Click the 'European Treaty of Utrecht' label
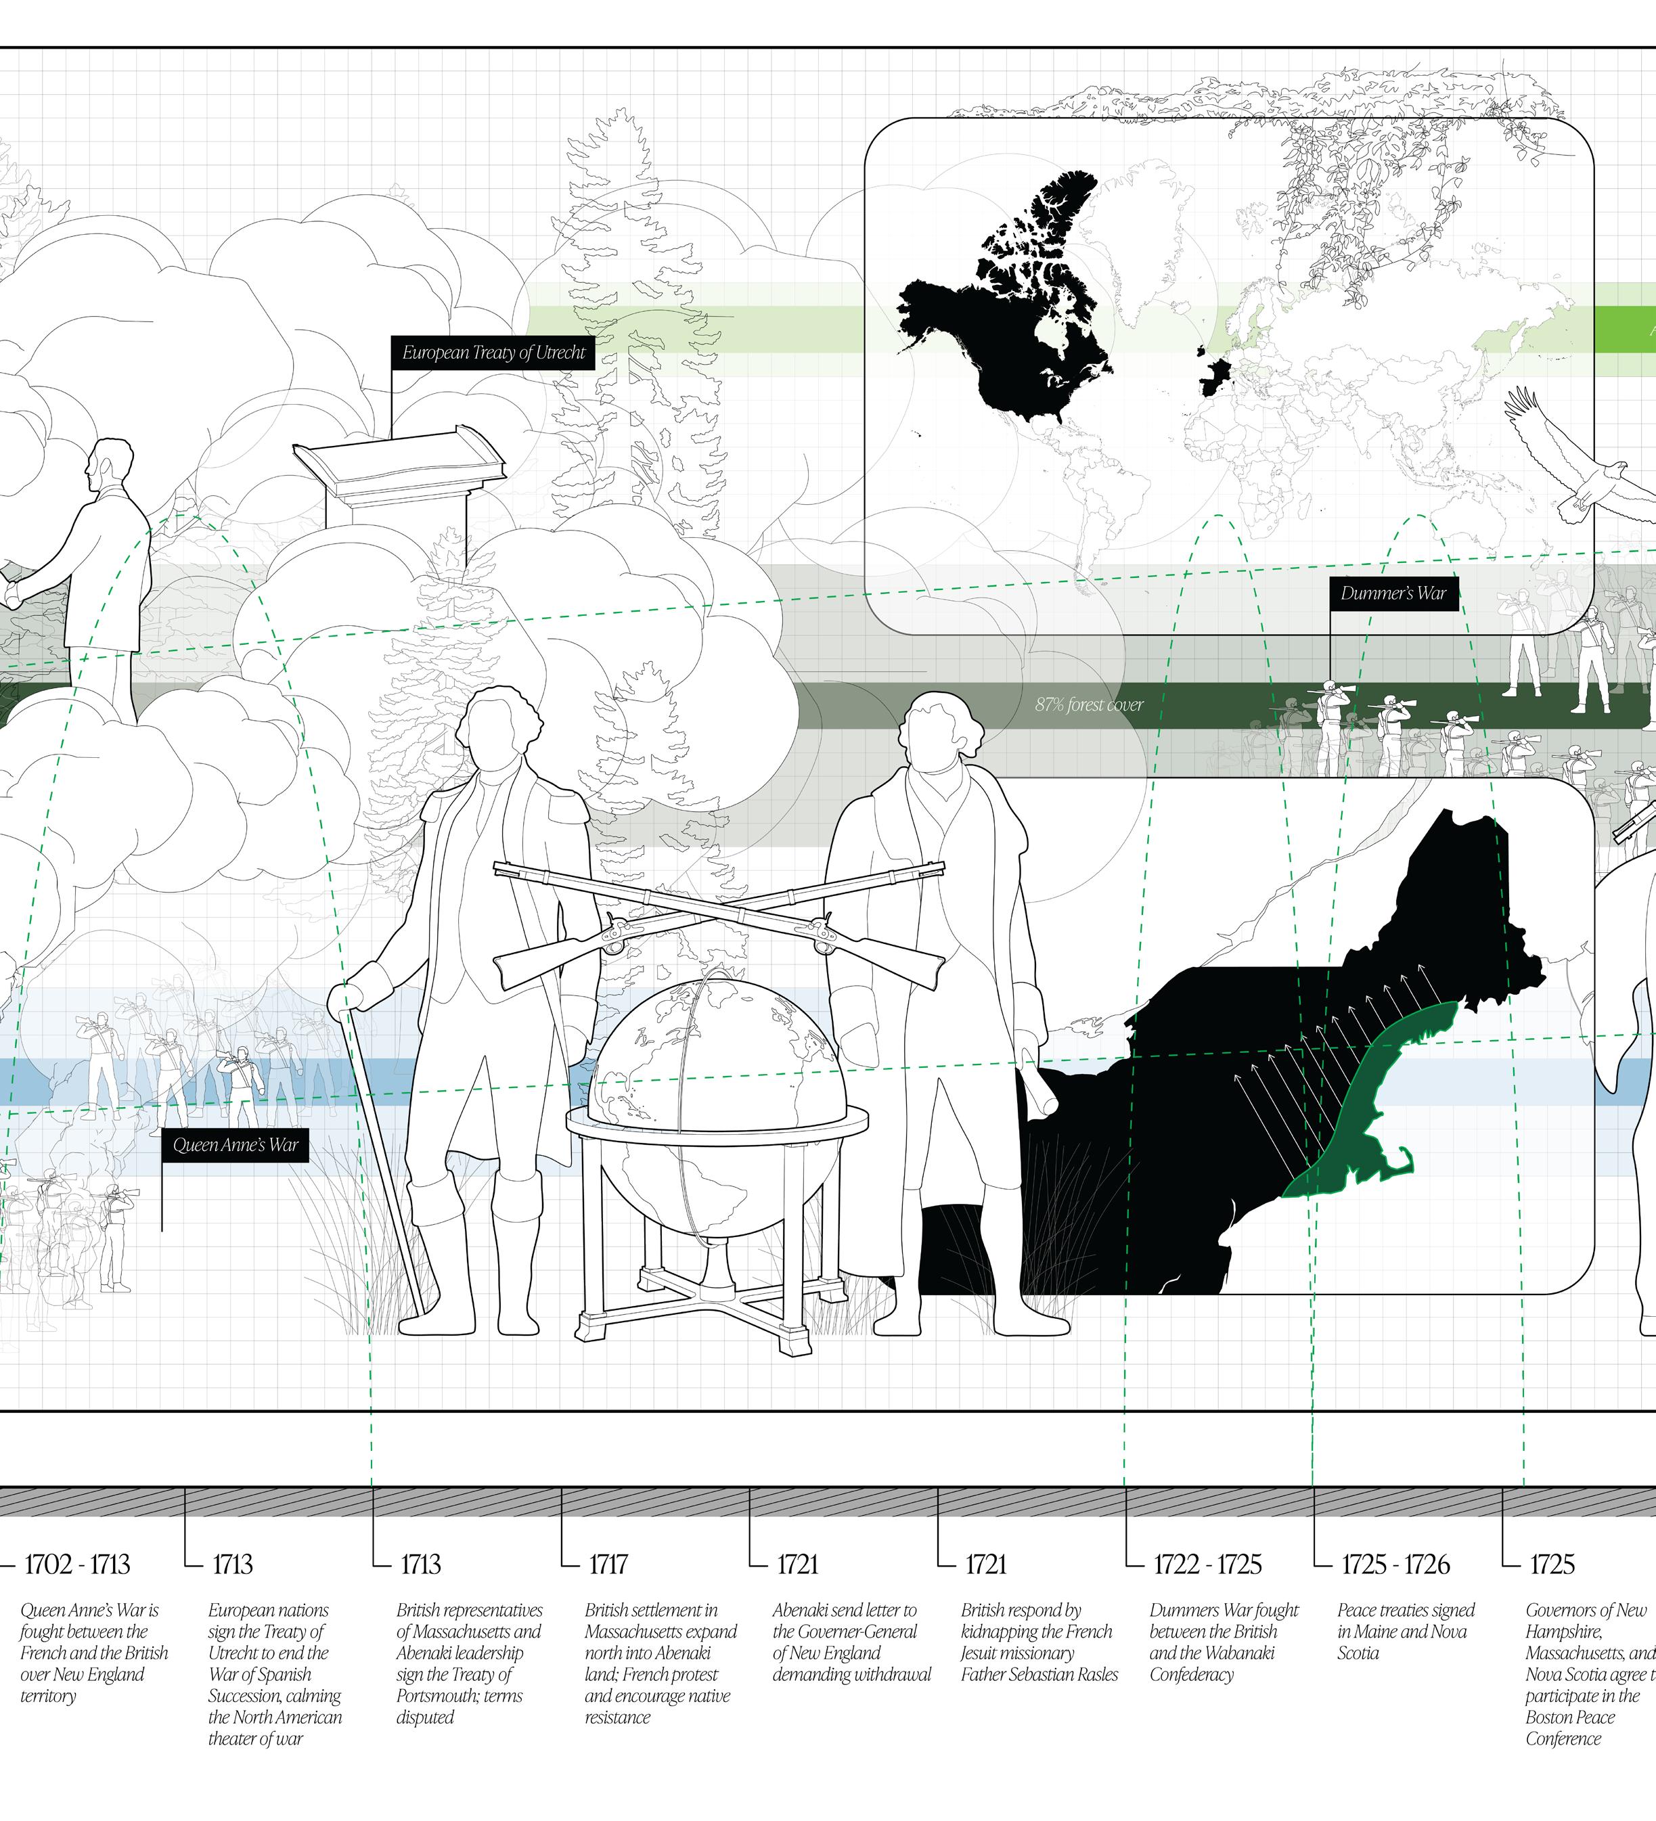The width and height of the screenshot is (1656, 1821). (x=493, y=353)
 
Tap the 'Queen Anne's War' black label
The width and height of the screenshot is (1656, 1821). (x=235, y=1146)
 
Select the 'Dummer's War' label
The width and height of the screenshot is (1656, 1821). (x=1393, y=593)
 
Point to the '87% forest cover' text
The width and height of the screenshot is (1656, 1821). (x=1089, y=704)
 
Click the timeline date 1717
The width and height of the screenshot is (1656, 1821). (x=608, y=1564)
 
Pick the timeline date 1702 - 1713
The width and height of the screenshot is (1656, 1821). (x=76, y=1564)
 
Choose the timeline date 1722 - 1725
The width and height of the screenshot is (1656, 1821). (x=1207, y=1564)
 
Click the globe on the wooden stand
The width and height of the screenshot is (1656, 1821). (x=717, y=1057)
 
